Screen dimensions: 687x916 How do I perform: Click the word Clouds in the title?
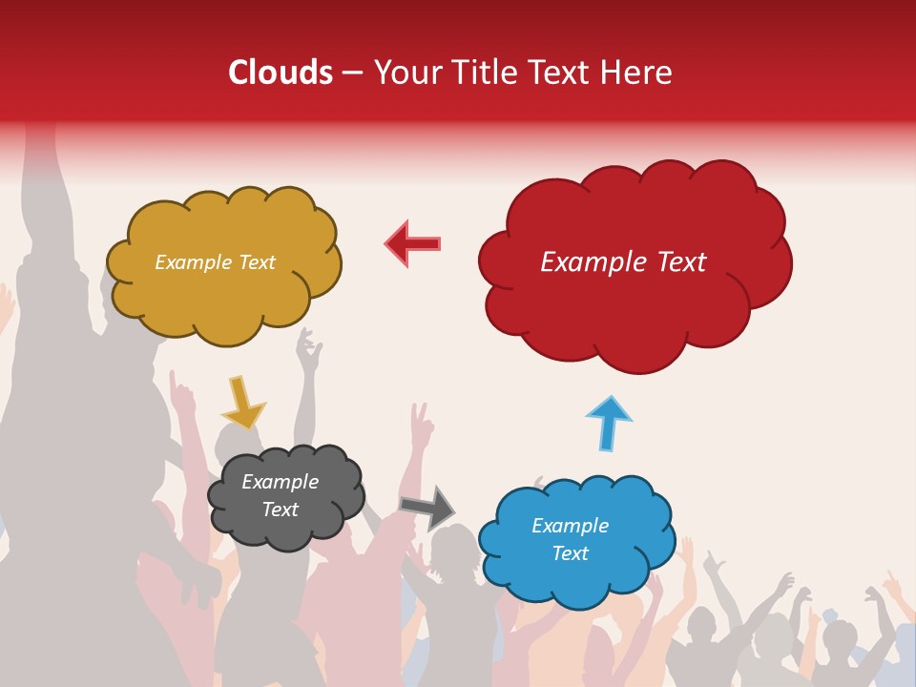pos(281,73)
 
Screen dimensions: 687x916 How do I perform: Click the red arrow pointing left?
pos(413,243)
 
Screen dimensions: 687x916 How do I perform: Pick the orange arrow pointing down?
pos(242,402)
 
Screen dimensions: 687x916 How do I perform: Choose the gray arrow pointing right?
pos(427,507)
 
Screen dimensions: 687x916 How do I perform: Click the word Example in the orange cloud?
pos(194,262)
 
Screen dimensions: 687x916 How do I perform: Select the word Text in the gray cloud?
pos(281,510)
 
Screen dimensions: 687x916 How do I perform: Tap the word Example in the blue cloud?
pos(570,526)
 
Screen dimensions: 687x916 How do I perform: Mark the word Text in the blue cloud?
pos(571,553)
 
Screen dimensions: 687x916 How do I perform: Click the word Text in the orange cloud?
pos(256,262)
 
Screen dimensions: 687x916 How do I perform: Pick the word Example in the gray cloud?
pos(281,482)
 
